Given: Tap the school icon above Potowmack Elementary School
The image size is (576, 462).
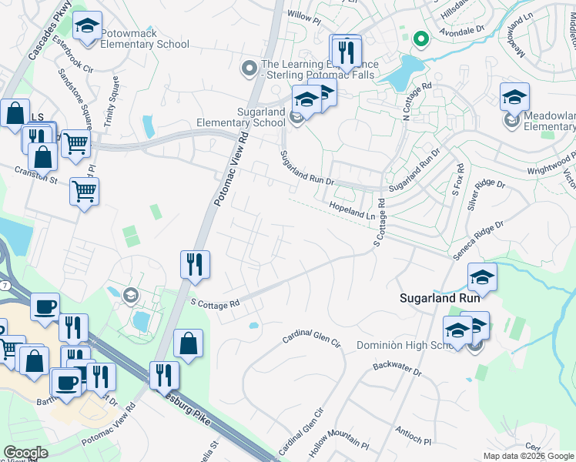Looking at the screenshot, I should [87, 26].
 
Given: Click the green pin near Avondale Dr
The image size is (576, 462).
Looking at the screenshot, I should [420, 38].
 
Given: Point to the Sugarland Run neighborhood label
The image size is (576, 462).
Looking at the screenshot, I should [439, 298].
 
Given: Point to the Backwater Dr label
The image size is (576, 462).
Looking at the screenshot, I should [397, 370].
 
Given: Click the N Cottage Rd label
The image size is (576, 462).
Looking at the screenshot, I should [417, 102].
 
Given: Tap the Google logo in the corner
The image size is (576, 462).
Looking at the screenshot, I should [25, 453].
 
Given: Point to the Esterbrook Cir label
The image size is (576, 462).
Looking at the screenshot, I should [72, 57].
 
